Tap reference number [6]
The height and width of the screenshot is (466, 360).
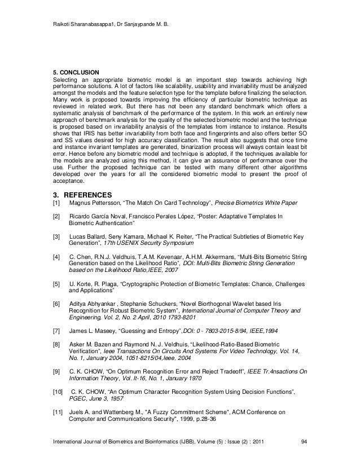point(55,304)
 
